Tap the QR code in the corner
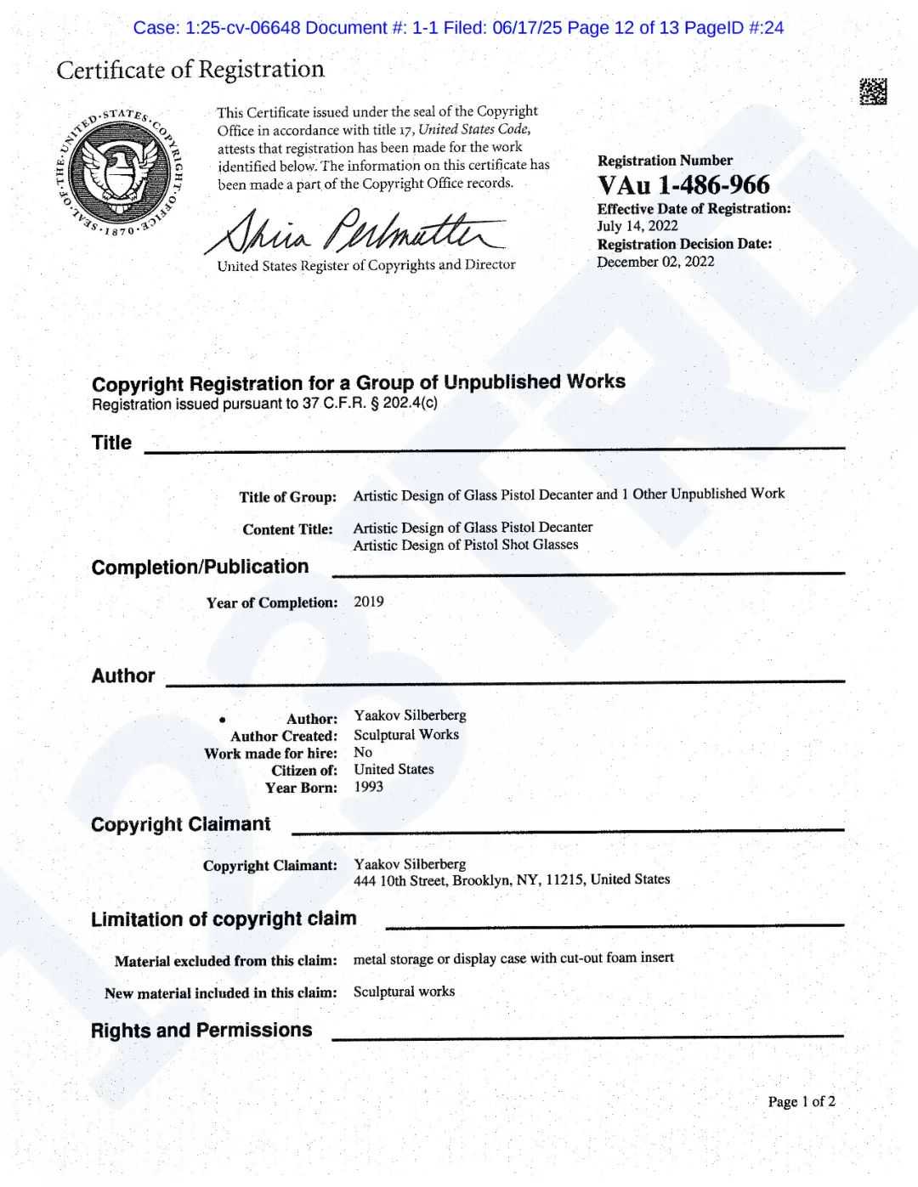pos(872,92)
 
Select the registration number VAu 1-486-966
pos(683,185)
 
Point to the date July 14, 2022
pos(637,226)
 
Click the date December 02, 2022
pos(655,262)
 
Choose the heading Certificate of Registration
pos(190,70)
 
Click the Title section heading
pos(111,443)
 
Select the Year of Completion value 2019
pos(369,602)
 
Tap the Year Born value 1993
pos(368,787)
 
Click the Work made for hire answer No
pos(363,752)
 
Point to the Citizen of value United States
pos(394,769)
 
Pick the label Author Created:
pos(283,736)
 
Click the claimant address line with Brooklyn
pos(512,880)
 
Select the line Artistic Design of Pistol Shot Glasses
pos(466,545)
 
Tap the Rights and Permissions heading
pos(201,1031)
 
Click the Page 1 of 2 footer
pos(802,1102)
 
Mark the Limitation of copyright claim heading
pos(224,919)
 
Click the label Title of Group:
pos(287,497)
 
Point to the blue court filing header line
pos(458,28)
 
